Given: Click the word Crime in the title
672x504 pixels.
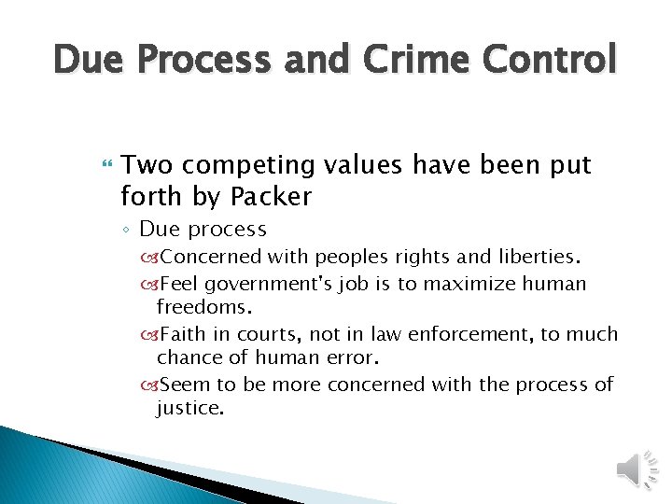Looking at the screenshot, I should coord(407,60).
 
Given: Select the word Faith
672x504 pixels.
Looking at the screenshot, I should coord(184,334).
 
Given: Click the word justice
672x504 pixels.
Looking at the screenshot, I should coord(189,408).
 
